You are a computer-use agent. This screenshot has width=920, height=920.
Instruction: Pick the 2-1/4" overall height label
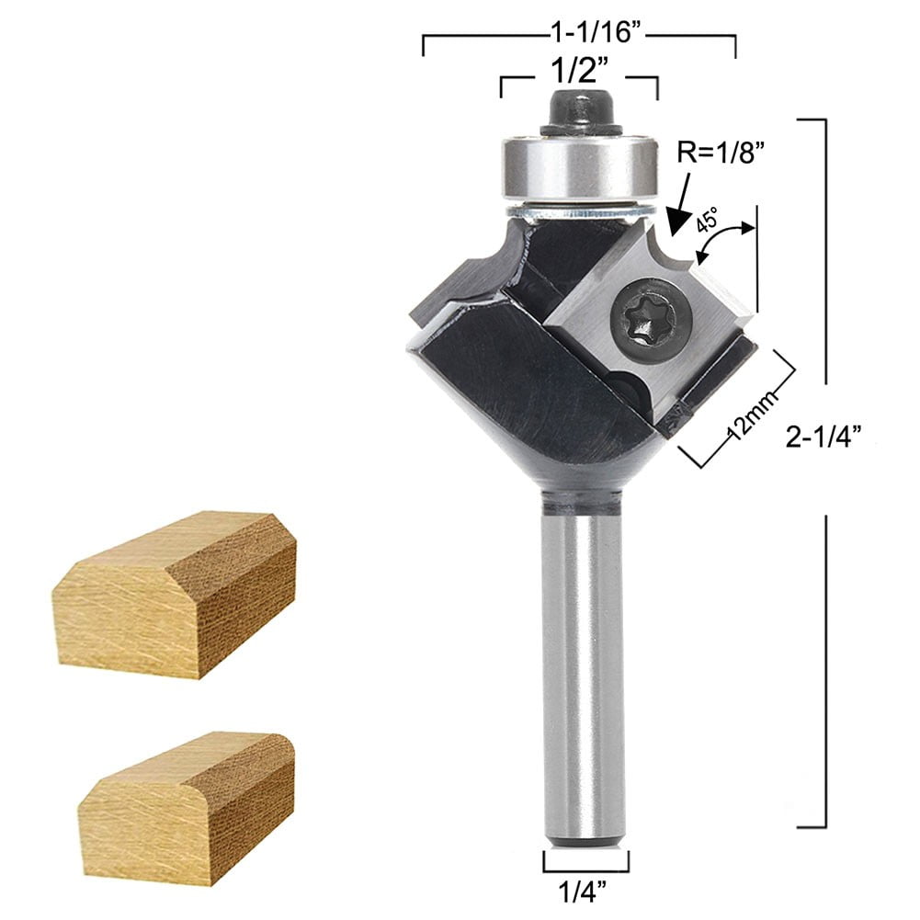point(825,438)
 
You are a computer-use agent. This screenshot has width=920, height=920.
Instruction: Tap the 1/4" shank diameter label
point(585,891)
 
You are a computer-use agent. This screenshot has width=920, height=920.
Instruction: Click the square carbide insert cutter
point(654,312)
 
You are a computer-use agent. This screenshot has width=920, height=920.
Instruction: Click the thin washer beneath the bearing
point(579,212)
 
